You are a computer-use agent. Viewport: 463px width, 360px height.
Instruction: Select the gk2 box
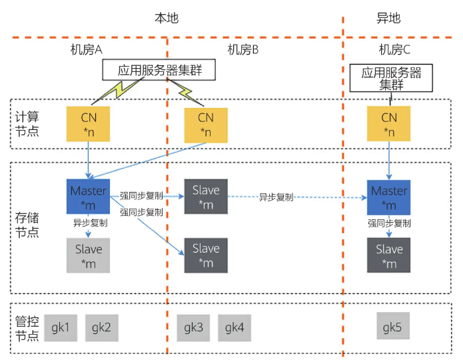point(101,327)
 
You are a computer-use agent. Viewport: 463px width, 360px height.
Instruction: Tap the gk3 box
point(194,327)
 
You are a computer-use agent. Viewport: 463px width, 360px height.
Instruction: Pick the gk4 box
point(234,327)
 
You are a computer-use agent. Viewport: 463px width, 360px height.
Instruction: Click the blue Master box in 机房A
point(89,197)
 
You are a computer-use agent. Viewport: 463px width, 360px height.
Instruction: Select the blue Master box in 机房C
point(388,197)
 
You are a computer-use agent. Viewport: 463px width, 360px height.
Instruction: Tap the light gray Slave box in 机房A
point(89,255)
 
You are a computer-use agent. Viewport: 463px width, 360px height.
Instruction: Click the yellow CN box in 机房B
point(206,124)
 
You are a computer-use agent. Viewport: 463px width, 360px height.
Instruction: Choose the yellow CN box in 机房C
point(388,124)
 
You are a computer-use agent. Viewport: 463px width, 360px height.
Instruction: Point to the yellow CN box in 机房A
point(89,124)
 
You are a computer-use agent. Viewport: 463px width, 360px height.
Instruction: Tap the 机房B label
point(243,49)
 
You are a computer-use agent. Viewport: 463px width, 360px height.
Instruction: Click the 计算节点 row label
point(27,123)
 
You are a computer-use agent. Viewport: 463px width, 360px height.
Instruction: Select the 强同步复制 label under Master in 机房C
point(388,223)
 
